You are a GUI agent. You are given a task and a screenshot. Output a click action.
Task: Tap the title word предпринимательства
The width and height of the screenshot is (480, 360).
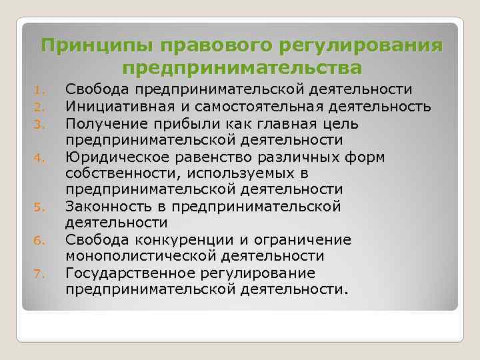[243, 68]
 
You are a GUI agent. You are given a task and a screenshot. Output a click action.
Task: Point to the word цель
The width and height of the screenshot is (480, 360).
[342, 124]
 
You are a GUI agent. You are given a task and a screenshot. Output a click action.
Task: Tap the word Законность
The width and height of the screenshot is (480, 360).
[107, 207]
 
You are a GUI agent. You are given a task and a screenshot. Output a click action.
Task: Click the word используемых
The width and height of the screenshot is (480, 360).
[223, 173]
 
